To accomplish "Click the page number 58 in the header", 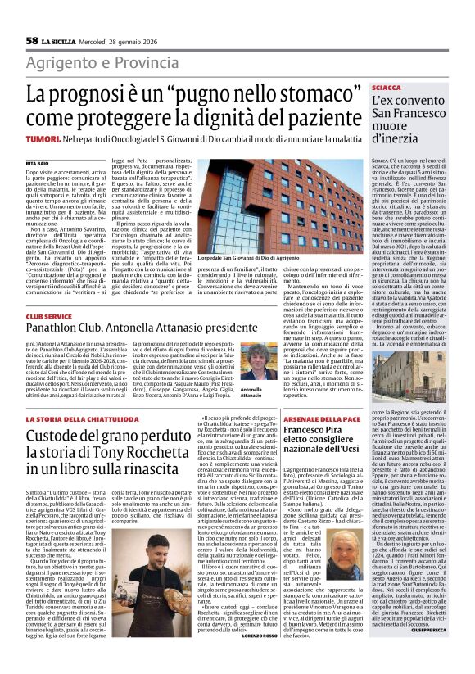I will (32, 40).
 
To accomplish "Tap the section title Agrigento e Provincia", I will (102, 63).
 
